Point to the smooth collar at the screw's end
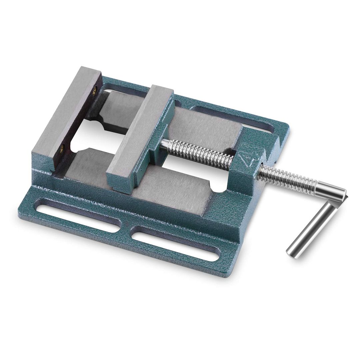point(330,191)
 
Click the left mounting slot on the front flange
point(79,218)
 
